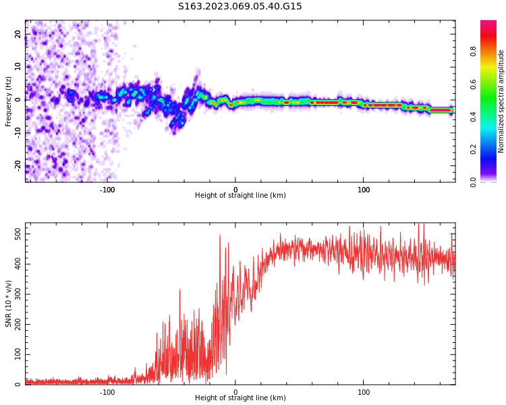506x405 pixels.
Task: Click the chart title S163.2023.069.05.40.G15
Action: click(x=240, y=7)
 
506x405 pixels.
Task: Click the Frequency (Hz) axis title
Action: click(x=9, y=101)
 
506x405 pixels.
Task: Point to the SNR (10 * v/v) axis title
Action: click(x=9, y=304)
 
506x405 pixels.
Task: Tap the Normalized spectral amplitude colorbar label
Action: click(x=501, y=101)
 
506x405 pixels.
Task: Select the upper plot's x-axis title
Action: click(x=240, y=196)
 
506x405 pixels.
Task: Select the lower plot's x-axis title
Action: click(x=240, y=398)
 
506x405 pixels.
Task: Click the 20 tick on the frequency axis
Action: click(x=18, y=34)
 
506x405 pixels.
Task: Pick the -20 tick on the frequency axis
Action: click(x=18, y=165)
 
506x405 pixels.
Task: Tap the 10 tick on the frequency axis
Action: click(x=18, y=67)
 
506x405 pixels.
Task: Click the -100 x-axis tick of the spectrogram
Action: click(x=107, y=190)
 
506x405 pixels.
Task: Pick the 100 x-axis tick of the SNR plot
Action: click(x=364, y=392)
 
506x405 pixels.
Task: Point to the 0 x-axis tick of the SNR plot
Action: click(x=235, y=392)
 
